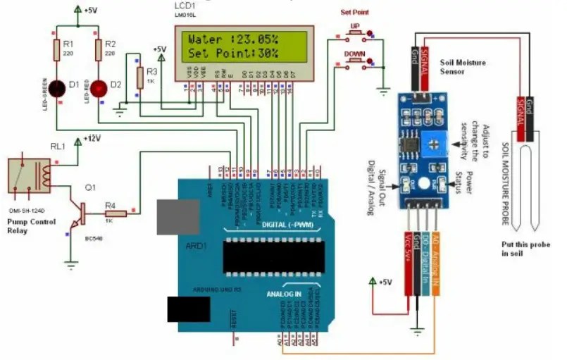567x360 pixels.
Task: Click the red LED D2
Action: [x=99, y=88]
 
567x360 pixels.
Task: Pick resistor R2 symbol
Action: [x=99, y=49]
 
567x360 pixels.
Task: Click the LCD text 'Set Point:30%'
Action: [x=233, y=53]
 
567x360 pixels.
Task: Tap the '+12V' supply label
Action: [x=92, y=138]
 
